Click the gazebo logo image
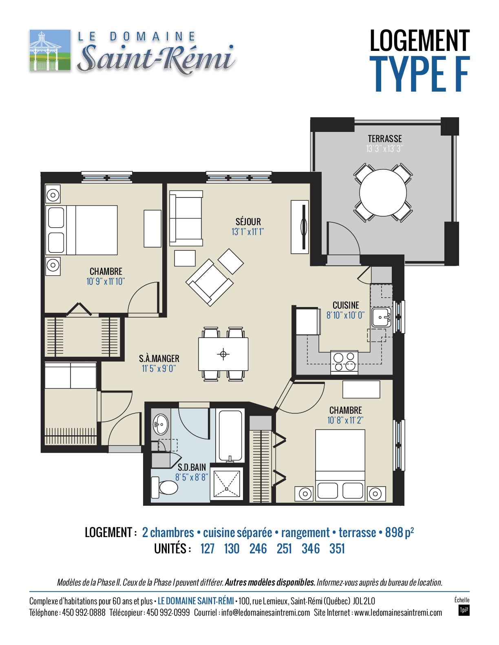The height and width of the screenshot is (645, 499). click(x=50, y=50)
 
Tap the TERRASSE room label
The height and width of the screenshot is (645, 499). click(x=384, y=138)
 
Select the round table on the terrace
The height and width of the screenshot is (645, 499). click(x=383, y=193)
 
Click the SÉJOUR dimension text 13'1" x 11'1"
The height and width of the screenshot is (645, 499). click(x=247, y=232)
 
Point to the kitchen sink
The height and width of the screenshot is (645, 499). click(x=381, y=317)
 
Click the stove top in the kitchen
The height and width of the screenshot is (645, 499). click(x=344, y=362)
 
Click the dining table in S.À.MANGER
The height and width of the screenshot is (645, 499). click(x=223, y=354)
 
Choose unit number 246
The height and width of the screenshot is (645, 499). click(x=258, y=548)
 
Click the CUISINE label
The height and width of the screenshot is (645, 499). click(x=346, y=305)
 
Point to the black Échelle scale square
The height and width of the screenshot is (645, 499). click(x=464, y=610)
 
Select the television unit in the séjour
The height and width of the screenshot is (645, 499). click(x=300, y=227)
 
